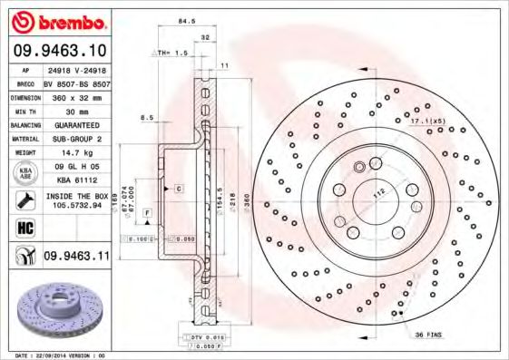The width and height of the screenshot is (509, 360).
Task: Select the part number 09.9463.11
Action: pyautogui.click(x=76, y=258)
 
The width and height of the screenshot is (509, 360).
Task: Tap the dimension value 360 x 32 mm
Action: pyautogui.click(x=76, y=96)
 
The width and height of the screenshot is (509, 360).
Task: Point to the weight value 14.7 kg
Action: pyautogui.click(x=76, y=153)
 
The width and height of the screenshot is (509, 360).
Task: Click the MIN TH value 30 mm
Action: pyautogui.click(x=76, y=110)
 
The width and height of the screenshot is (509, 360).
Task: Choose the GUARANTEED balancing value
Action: pyautogui.click(x=76, y=124)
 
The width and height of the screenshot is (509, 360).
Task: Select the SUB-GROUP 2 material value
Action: pyautogui.click(x=76, y=139)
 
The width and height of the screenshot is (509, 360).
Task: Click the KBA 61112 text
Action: pyautogui.click(x=76, y=180)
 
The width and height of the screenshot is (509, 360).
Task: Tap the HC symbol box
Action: pyautogui.click(x=21, y=227)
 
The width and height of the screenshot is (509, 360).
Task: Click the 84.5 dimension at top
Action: pyautogui.click(x=188, y=19)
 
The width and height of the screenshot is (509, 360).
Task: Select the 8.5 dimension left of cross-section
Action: pyautogui.click(x=146, y=118)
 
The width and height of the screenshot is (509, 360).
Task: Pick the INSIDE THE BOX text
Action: pyautogui.click(x=76, y=196)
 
